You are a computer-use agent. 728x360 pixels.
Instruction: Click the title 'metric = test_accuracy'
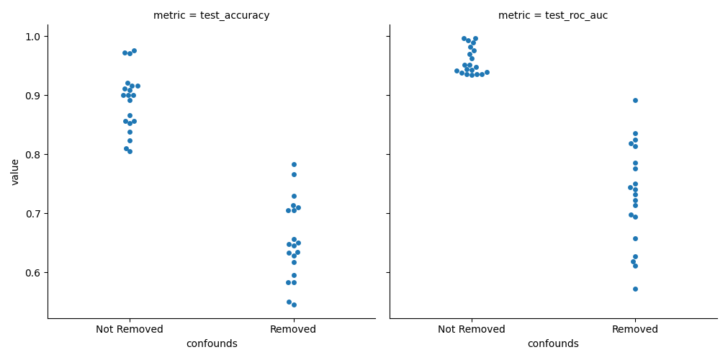[211, 16]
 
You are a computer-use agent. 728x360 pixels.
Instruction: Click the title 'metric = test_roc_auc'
[553, 16]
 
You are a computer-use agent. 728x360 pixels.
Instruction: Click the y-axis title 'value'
[15, 172]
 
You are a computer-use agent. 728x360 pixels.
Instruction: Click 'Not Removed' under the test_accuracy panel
[130, 330]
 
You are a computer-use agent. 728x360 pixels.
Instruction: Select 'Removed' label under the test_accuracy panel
[293, 330]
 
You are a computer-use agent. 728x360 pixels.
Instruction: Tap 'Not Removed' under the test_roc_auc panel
[472, 330]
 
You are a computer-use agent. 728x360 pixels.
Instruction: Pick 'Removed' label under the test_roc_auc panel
[635, 330]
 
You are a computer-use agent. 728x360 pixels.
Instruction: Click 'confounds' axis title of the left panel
[212, 344]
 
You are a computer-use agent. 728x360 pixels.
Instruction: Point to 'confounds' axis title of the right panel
[553, 344]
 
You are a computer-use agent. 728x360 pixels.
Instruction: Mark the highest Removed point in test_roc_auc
[635, 100]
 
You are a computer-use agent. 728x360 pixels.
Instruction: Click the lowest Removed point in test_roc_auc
[635, 289]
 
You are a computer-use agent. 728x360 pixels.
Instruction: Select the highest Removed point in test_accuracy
[294, 164]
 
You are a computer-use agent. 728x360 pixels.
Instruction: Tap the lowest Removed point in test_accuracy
[294, 305]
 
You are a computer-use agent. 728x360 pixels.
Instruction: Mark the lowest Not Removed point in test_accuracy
[130, 151]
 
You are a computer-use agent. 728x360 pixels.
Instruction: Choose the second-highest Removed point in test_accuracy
[294, 174]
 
